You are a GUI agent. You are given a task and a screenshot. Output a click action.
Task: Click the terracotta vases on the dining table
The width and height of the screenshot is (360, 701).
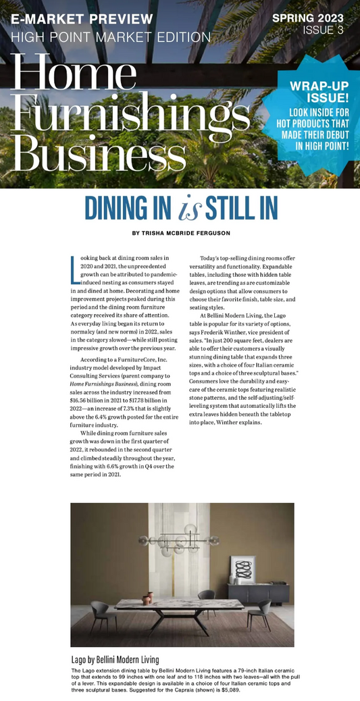147,598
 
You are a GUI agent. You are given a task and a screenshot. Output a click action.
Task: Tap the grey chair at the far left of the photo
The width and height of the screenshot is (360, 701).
101,614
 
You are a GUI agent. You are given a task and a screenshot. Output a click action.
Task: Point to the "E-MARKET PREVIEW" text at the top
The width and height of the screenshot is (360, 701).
82,19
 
